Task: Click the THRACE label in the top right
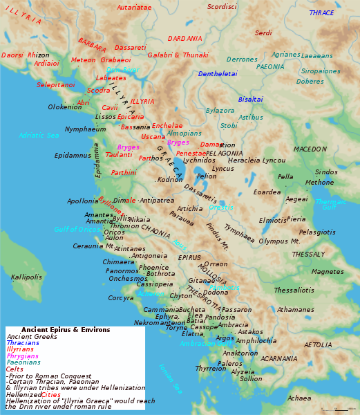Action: click(x=321, y=13)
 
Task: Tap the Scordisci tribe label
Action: click(x=222, y=7)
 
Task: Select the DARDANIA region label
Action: click(x=185, y=39)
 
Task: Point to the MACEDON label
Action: click(x=310, y=149)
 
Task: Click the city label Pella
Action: click(x=285, y=177)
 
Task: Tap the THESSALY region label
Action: click(x=308, y=255)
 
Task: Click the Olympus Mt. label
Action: click(x=279, y=241)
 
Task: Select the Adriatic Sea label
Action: click(x=39, y=136)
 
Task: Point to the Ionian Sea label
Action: click(x=169, y=379)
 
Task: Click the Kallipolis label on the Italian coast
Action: click(x=26, y=277)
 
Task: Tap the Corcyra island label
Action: click(x=121, y=298)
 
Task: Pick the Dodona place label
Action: click(x=216, y=293)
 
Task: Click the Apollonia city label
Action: click(x=83, y=201)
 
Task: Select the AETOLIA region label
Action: click(x=318, y=345)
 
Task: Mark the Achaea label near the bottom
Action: click(x=299, y=398)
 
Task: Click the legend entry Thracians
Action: click(x=23, y=343)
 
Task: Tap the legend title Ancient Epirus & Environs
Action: click(x=66, y=330)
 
